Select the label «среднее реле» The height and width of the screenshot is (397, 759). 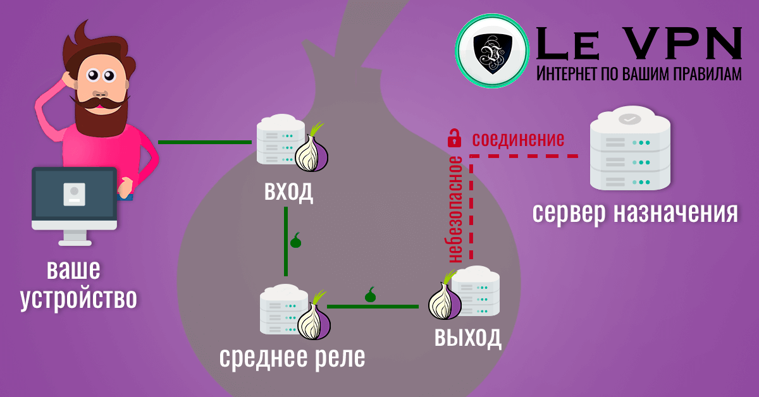pyautogui.click(x=292, y=358)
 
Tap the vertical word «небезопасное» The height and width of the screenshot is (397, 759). pyautogui.click(x=455, y=209)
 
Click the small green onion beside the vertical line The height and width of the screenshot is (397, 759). pyautogui.click(x=295, y=240)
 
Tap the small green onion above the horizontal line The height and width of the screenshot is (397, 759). pyautogui.click(x=371, y=295)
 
